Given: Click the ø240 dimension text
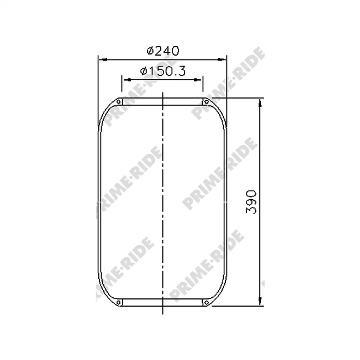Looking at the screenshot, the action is point(163,51).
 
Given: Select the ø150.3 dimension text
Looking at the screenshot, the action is point(163,71).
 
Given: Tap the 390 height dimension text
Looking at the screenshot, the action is point(251,202).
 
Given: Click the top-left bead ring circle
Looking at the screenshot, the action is point(118,102).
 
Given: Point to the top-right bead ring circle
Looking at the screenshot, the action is point(206,102).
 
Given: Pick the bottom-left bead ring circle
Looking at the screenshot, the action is point(118,303).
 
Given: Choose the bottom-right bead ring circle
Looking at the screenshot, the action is point(206,303).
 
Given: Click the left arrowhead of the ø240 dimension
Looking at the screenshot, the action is point(103,60).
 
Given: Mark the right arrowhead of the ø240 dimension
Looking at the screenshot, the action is point(221,60).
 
